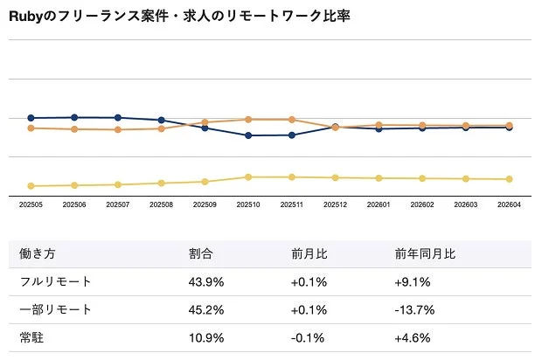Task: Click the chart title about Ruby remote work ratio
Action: pyautogui.click(x=179, y=16)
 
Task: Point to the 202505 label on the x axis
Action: pyautogui.click(x=31, y=204)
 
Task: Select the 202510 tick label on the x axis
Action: pyautogui.click(x=248, y=204)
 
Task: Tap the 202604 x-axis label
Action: pyautogui.click(x=509, y=204)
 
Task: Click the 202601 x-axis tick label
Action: pyautogui.click(x=379, y=204)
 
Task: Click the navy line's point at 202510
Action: pyautogui.click(x=248, y=135)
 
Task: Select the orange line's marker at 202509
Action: pyautogui.click(x=205, y=122)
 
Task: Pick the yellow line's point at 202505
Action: pyautogui.click(x=31, y=186)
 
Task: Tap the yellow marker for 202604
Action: pyautogui.click(x=509, y=179)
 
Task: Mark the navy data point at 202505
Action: pyautogui.click(x=31, y=118)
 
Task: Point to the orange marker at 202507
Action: pyautogui.click(x=118, y=129)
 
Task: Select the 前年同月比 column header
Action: pyautogui.click(x=425, y=254)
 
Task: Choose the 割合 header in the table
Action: pyautogui.click(x=200, y=254)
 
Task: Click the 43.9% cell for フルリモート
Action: pyautogui.click(x=206, y=282)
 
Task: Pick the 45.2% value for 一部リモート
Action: pyautogui.click(x=206, y=310)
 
